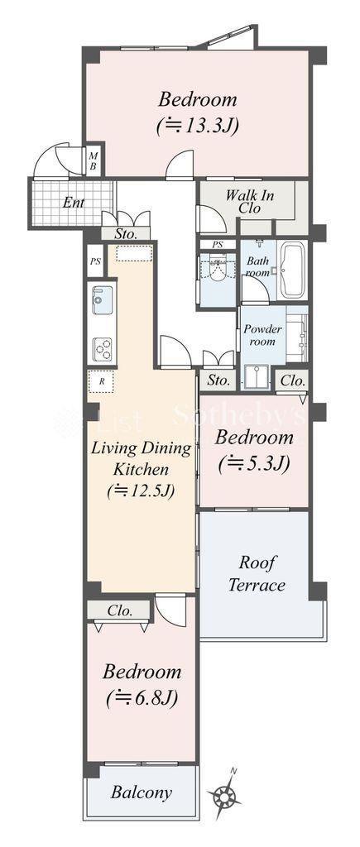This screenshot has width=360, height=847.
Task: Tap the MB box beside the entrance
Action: [x=93, y=161]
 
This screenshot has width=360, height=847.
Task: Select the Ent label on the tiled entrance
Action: [x=74, y=203]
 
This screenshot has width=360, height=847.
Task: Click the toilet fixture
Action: [x=218, y=271]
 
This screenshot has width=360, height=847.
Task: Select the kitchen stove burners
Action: [x=102, y=349]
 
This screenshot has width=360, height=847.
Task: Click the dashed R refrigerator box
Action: [x=101, y=380]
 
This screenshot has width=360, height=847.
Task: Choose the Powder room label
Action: [x=262, y=335]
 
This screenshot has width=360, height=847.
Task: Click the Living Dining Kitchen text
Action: [x=141, y=458]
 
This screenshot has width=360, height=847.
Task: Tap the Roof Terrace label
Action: [x=257, y=574]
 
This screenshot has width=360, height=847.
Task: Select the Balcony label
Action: [x=141, y=792]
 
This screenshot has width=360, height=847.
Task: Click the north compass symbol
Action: [x=223, y=793]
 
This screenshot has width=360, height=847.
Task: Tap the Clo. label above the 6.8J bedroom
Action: [x=119, y=611]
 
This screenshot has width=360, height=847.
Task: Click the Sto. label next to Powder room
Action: [x=218, y=380]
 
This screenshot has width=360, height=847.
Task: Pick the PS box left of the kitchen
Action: [x=95, y=261]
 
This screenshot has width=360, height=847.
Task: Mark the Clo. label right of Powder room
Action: [x=292, y=380]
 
